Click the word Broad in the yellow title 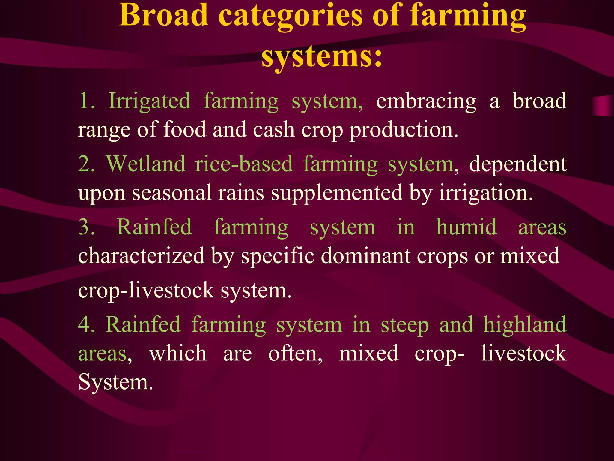(x=163, y=15)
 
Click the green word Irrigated (x=149, y=101)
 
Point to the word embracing (x=426, y=101)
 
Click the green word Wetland (x=146, y=164)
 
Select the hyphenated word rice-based (x=244, y=164)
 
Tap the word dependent (x=518, y=164)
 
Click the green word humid (x=466, y=227)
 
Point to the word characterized (x=141, y=256)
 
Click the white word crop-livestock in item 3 (x=146, y=291)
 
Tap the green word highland (x=525, y=325)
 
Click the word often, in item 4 (x=295, y=354)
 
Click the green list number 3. (x=86, y=227)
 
